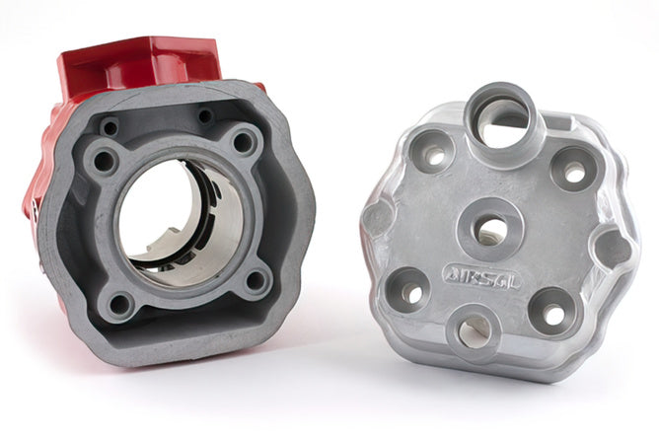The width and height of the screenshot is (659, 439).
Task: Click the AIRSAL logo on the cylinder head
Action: [x=482, y=277]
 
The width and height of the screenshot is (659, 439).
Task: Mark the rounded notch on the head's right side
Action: [x=615, y=249]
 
